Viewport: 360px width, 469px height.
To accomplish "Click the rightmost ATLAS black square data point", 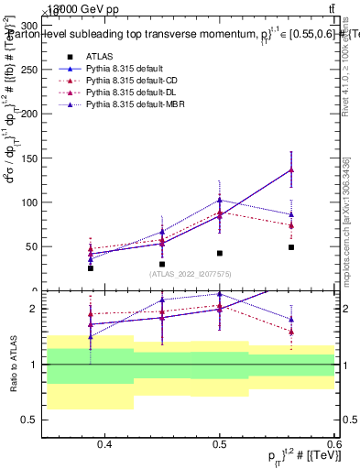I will pyautogui.click(x=290, y=247).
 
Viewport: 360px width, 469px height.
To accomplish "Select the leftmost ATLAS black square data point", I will pyautogui.click(x=91, y=268).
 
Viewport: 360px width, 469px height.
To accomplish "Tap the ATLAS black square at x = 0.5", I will pyautogui.click(x=220, y=253).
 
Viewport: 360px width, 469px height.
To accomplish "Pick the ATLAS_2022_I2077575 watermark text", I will pyautogui.click(x=190, y=273).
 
